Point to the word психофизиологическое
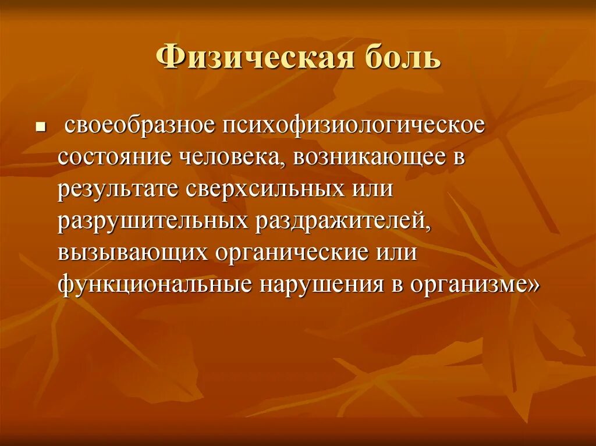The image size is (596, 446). [352, 126]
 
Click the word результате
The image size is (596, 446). [118, 190]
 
